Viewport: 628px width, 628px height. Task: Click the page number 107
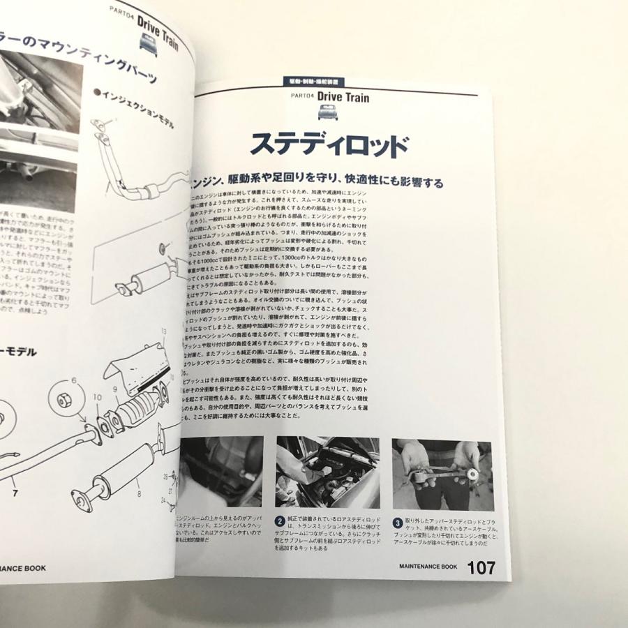coord(481,568)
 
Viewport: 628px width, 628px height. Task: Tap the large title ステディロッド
coord(329,144)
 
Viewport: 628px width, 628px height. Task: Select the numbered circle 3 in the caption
coord(396,521)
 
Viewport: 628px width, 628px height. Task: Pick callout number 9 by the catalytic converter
coord(116,390)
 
